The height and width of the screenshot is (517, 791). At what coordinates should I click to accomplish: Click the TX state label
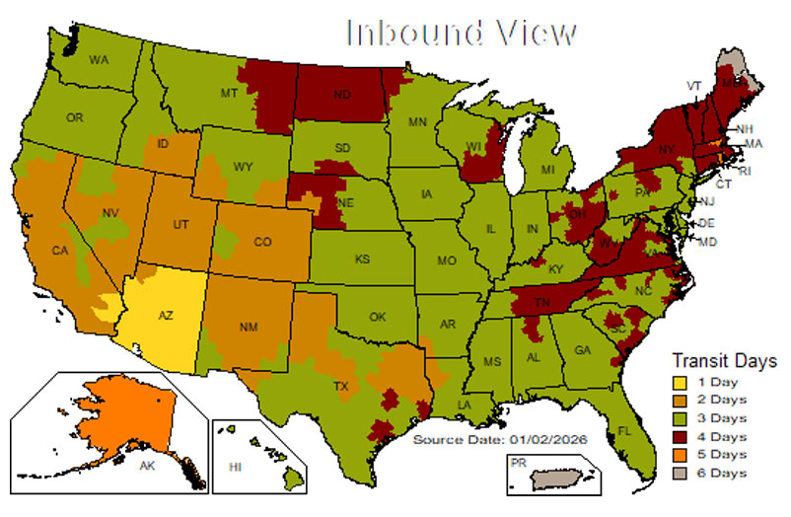coord(342,385)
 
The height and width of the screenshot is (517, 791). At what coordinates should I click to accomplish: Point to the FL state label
coord(624,430)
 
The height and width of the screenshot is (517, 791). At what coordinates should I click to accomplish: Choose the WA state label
coord(99,60)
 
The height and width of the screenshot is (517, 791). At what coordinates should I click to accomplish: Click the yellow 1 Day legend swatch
coord(681,382)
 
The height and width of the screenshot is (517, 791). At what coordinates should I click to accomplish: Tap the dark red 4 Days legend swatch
coord(681,436)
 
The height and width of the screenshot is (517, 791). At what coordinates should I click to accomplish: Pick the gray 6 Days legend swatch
coord(681,473)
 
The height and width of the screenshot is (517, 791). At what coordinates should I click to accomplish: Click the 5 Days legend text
coord(722,455)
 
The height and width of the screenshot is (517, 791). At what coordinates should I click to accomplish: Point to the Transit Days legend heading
coord(724,360)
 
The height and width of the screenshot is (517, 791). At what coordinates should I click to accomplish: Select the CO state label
coord(262,241)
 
